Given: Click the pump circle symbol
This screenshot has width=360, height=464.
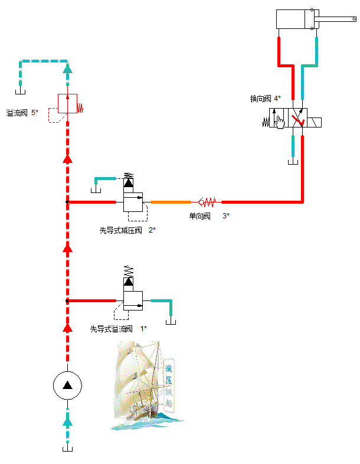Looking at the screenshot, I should (67, 386).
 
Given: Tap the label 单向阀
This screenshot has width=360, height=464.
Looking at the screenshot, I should (199, 216).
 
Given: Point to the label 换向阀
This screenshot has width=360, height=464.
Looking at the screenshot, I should (260, 99).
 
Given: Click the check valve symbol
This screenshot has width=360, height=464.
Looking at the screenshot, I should (208, 202).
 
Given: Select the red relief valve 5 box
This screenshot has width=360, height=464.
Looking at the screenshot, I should (67, 103).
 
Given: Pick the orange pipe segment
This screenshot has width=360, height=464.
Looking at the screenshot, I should (171, 202).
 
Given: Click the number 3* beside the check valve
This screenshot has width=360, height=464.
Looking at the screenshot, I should (226, 216).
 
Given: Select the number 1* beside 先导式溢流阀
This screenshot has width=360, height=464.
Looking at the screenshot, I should (143, 329).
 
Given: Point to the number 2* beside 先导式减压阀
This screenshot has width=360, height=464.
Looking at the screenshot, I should (152, 230).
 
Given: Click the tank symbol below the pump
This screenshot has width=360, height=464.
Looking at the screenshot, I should (67, 449).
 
